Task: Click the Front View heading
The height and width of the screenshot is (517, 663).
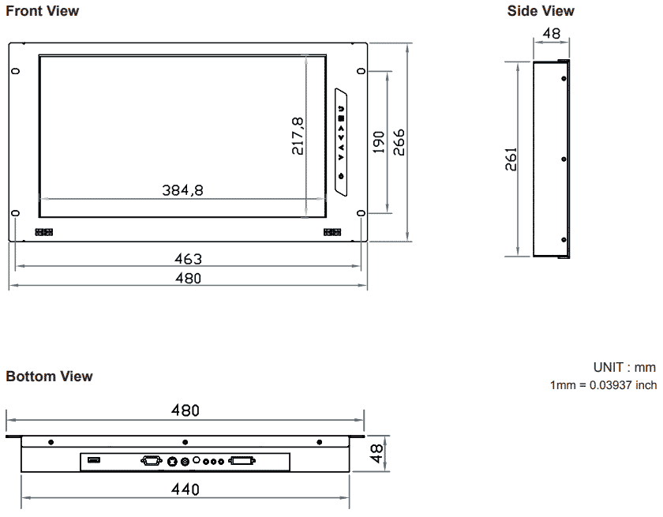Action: point(43,11)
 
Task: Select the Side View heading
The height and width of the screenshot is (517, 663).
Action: point(541,11)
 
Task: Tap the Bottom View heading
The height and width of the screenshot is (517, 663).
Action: point(49,377)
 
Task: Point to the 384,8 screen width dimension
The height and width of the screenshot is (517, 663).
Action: point(182,190)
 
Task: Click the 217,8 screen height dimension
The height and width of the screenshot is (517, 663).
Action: point(298,136)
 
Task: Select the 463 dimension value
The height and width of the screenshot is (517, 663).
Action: point(188,259)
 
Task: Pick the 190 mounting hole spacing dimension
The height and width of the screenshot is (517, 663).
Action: point(379,143)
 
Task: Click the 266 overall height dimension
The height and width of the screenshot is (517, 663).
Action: point(399,142)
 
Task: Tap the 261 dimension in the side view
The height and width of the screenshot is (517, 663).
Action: point(511,159)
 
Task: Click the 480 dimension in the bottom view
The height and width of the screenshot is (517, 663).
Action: point(185,410)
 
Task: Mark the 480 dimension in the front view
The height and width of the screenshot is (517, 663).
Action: point(188,278)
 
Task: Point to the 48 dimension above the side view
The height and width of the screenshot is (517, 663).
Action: point(552,34)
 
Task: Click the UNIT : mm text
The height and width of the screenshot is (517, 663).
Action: point(624,368)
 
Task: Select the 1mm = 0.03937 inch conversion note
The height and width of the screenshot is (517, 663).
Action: point(603,385)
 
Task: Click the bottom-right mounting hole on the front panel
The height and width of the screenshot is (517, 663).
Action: point(361,213)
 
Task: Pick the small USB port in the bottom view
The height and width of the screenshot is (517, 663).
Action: point(93,460)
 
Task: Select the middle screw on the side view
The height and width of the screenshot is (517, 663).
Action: point(564,159)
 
